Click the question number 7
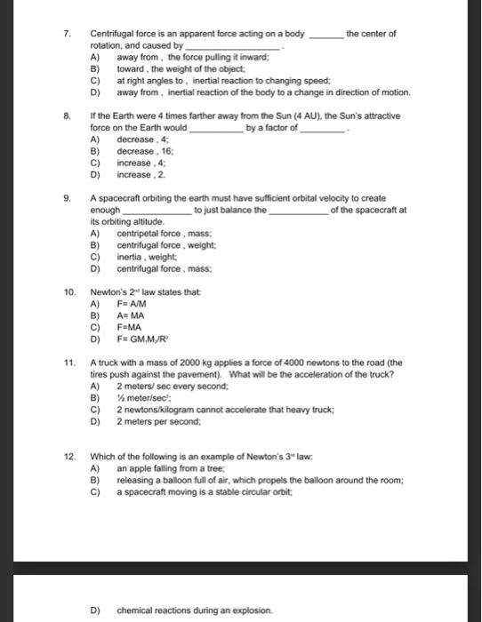coord(67,34)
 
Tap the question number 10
coord(68,291)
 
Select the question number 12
coord(68,455)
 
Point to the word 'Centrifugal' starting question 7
coord(112,34)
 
